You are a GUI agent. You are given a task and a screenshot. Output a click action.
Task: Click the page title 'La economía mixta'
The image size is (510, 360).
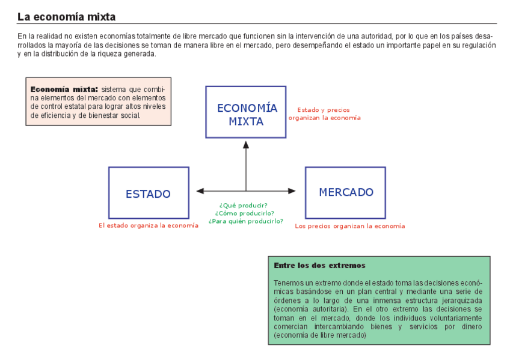66,17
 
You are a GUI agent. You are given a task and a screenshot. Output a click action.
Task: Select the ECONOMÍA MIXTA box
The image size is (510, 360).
245,113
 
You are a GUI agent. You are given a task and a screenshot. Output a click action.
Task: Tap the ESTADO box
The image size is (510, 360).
149,193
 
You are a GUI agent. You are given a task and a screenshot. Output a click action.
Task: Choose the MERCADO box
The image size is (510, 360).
345,192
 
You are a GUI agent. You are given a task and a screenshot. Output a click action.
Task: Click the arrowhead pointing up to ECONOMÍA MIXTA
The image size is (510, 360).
245,145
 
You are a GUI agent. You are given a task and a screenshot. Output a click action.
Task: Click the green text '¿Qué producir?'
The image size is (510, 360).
244,205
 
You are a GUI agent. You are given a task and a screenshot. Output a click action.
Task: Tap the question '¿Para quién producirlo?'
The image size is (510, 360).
245,221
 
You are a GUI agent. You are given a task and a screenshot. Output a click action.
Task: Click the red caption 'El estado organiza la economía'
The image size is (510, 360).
149,225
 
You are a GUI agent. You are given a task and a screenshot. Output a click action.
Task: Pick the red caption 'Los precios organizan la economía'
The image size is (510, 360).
349,226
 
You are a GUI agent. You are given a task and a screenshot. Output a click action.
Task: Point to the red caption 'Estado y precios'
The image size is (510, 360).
324,110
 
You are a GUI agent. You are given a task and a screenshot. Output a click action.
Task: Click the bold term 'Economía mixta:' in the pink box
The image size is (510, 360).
64,89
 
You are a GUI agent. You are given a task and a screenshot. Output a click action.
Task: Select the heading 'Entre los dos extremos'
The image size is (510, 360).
319,265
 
